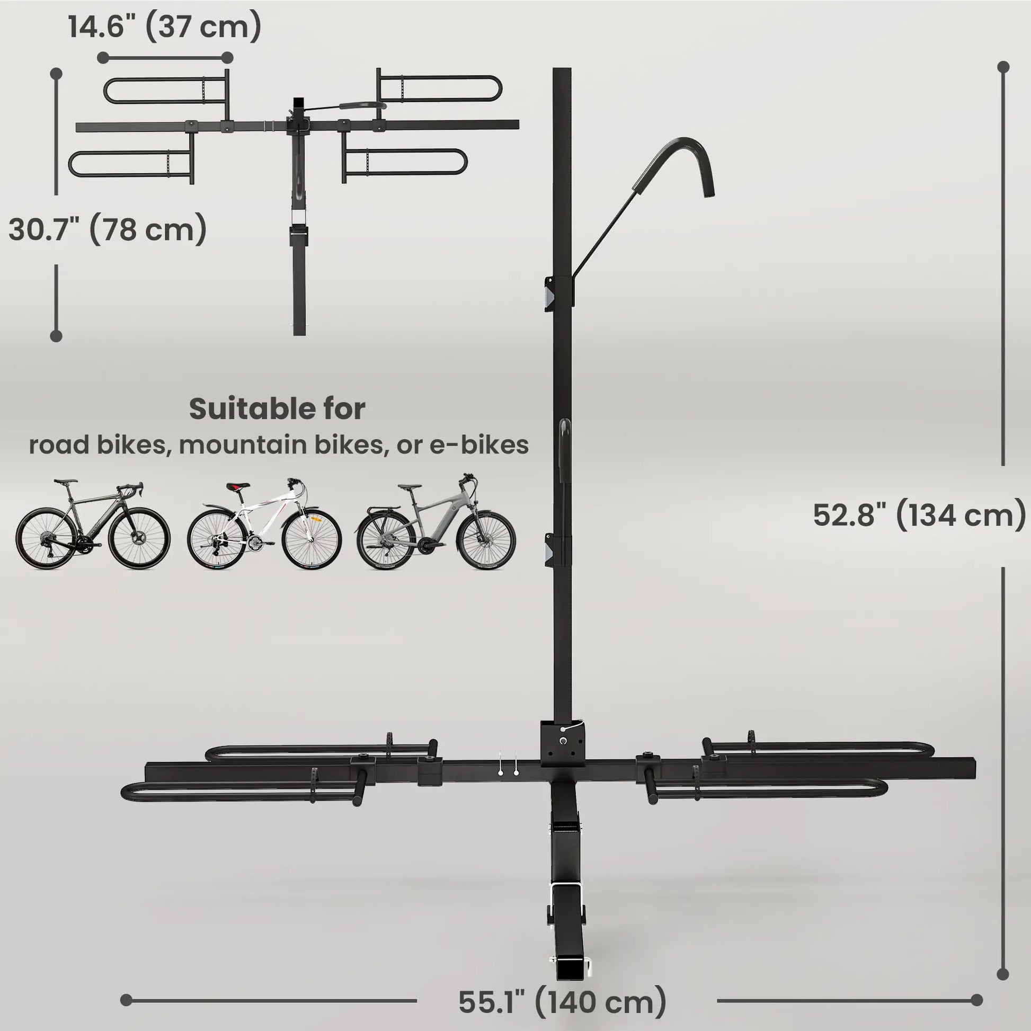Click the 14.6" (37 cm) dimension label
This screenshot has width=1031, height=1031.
click(x=164, y=26)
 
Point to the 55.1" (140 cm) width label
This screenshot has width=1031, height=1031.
click(x=562, y=1002)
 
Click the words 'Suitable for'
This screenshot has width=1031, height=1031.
click(x=277, y=410)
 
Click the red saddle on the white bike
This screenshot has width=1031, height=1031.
click(x=238, y=486)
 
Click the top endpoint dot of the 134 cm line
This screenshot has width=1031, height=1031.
click(x=1003, y=67)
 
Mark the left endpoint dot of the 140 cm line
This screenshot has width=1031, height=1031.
click(x=127, y=1000)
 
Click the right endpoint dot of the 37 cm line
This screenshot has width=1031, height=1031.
click(x=227, y=58)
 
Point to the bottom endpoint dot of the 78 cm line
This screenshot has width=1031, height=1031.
click(x=56, y=336)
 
